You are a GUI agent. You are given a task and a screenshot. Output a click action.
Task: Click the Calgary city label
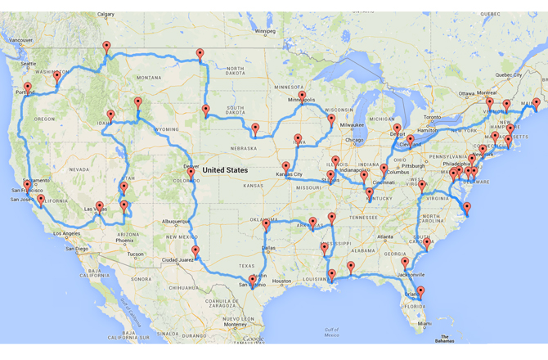[106, 15]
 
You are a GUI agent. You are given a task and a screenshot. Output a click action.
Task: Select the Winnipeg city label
[266, 32]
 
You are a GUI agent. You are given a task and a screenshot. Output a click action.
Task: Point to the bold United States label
[225, 170]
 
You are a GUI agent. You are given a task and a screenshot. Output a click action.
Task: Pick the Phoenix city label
[125, 241]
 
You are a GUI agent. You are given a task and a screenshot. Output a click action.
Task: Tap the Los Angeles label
[67, 235]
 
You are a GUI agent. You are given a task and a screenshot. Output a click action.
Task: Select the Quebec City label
[509, 74]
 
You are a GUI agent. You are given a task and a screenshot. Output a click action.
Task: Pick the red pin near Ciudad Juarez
[195, 250]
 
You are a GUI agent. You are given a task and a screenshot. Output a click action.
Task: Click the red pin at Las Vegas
[100, 206]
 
